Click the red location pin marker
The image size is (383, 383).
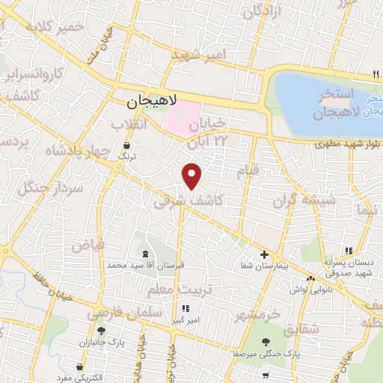192,176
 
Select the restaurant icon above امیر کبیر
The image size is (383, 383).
184,307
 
